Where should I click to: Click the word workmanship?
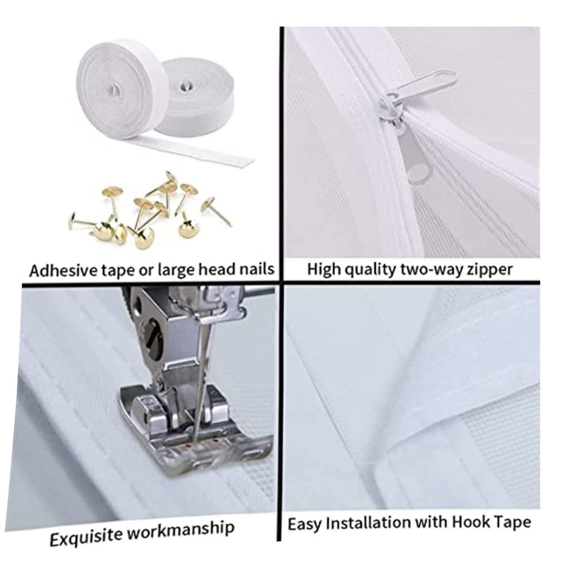click(x=181, y=530)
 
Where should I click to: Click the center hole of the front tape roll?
click(x=115, y=90)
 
